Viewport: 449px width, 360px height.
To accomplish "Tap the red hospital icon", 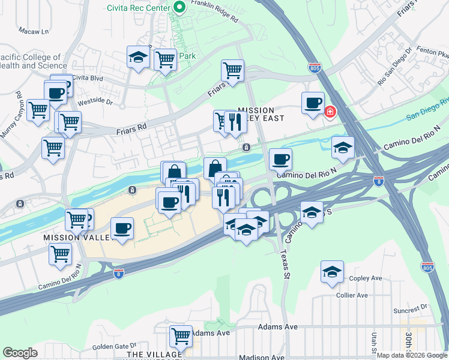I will pyautogui.click(x=330, y=112).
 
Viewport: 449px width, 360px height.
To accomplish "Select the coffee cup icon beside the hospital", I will pyautogui.click(x=313, y=103).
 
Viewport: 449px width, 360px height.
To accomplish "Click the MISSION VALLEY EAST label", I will pyautogui.click(x=256, y=115).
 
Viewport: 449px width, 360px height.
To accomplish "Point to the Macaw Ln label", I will pyautogui.click(x=33, y=31).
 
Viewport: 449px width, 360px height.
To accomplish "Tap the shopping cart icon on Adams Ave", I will pyautogui.click(x=180, y=336).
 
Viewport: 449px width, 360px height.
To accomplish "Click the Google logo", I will pyautogui.click(x=20, y=353).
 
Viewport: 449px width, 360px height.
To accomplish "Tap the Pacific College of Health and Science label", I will pyautogui.click(x=33, y=61).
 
